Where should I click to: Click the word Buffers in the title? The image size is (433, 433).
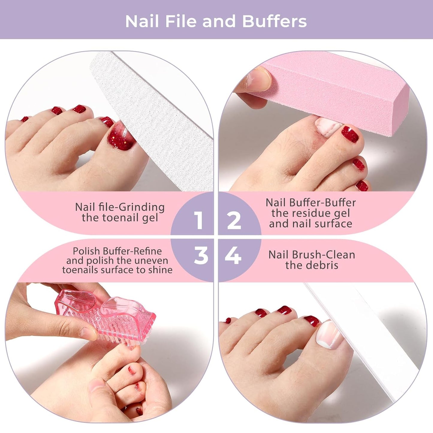coord(274,21)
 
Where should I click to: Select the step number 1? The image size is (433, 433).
coord(198,220)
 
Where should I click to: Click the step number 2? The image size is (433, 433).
coord(234,220)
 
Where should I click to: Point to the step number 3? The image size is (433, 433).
coord(201,256)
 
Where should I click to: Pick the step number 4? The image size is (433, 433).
coord(233,256)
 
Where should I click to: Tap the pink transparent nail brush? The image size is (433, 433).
coord(105,315)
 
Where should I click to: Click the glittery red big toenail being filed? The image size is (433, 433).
coord(121,136)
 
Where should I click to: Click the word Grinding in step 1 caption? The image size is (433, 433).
coord(142,207)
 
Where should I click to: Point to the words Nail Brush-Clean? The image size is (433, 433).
coord(312,255)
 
